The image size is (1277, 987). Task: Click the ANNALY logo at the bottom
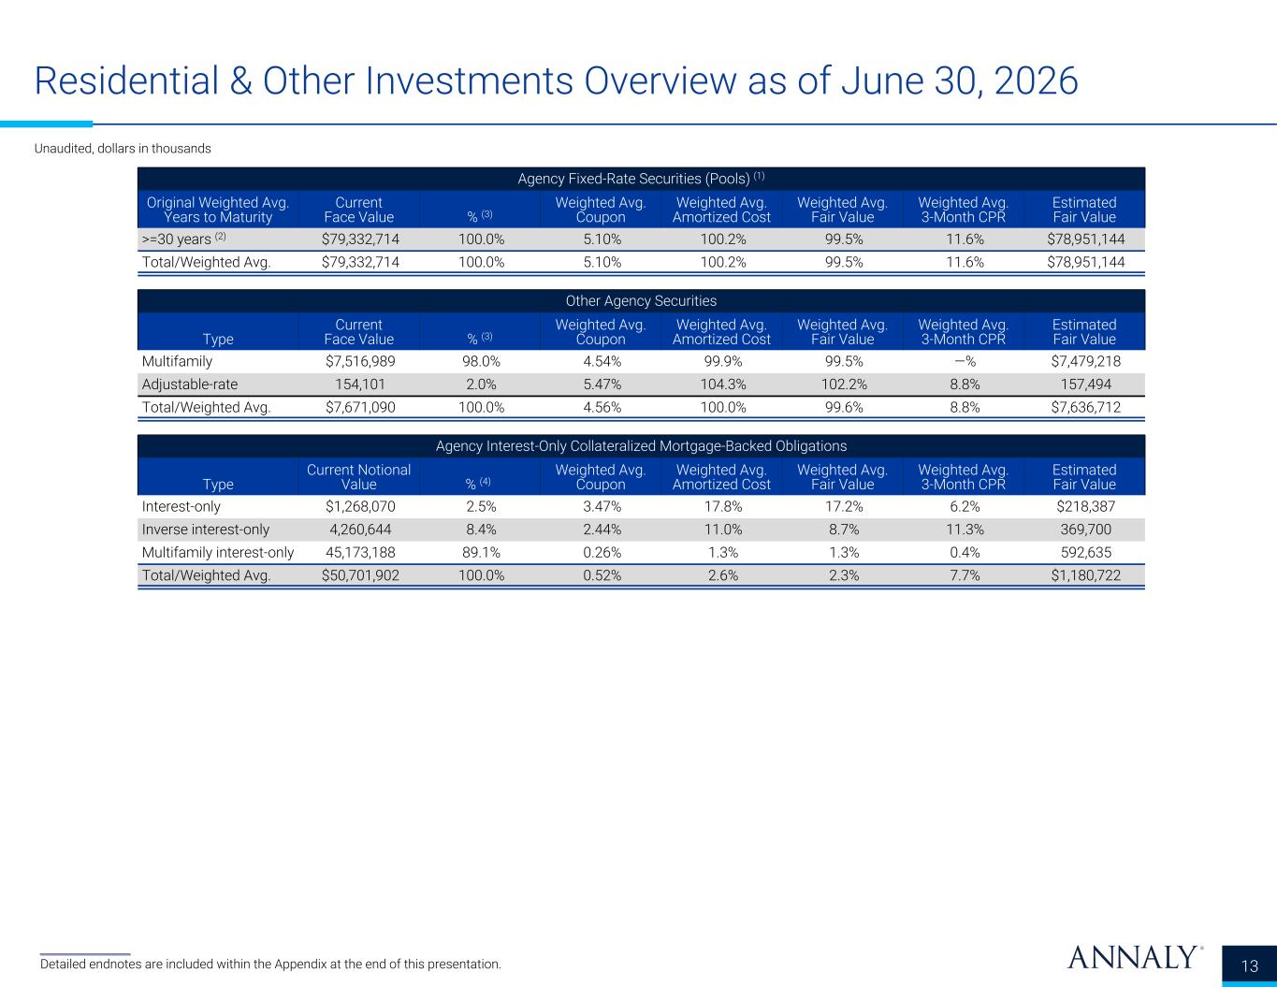tap(1134, 957)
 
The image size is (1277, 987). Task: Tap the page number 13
tap(1249, 966)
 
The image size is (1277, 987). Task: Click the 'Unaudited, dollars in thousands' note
tap(123, 149)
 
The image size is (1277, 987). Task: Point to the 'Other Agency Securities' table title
tap(641, 301)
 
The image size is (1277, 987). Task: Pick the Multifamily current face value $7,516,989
tap(360, 361)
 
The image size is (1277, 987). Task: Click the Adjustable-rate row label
tap(190, 385)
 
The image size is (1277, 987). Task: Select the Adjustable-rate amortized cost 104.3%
tap(723, 385)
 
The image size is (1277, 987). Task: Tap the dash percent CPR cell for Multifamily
tap(965, 361)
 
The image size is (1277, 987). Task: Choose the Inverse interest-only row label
tap(206, 530)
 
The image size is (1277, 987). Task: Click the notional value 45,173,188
tap(360, 552)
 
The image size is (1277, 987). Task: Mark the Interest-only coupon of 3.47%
tap(602, 506)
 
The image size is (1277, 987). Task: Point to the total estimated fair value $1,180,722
tap(1086, 575)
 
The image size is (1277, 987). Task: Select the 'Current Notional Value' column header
tap(358, 477)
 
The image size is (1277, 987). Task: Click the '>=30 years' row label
tap(183, 239)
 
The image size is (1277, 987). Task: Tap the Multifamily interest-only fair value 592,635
tap(1086, 552)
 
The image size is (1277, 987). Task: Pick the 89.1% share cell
tap(481, 552)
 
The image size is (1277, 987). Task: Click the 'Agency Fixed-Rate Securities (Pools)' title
tap(641, 178)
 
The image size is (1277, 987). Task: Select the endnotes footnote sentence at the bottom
tap(270, 965)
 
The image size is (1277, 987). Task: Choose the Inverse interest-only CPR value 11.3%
tap(965, 530)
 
